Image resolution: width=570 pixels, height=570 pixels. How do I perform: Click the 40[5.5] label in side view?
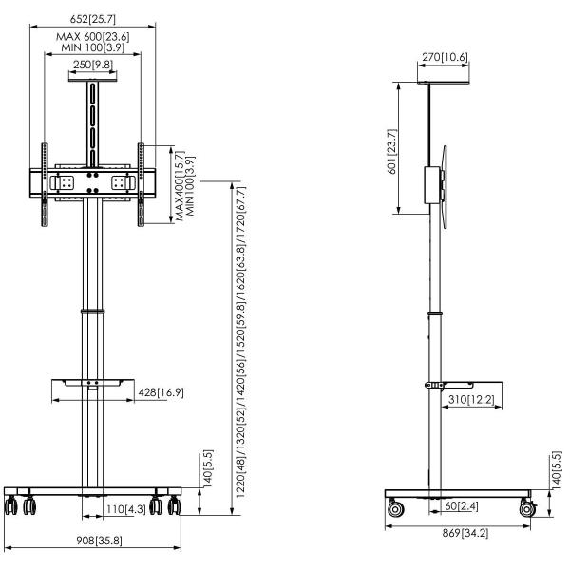coord(557,469)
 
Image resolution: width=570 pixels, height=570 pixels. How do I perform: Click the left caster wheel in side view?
coord(393,511)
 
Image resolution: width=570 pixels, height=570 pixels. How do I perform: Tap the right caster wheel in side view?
coord(525,511)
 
